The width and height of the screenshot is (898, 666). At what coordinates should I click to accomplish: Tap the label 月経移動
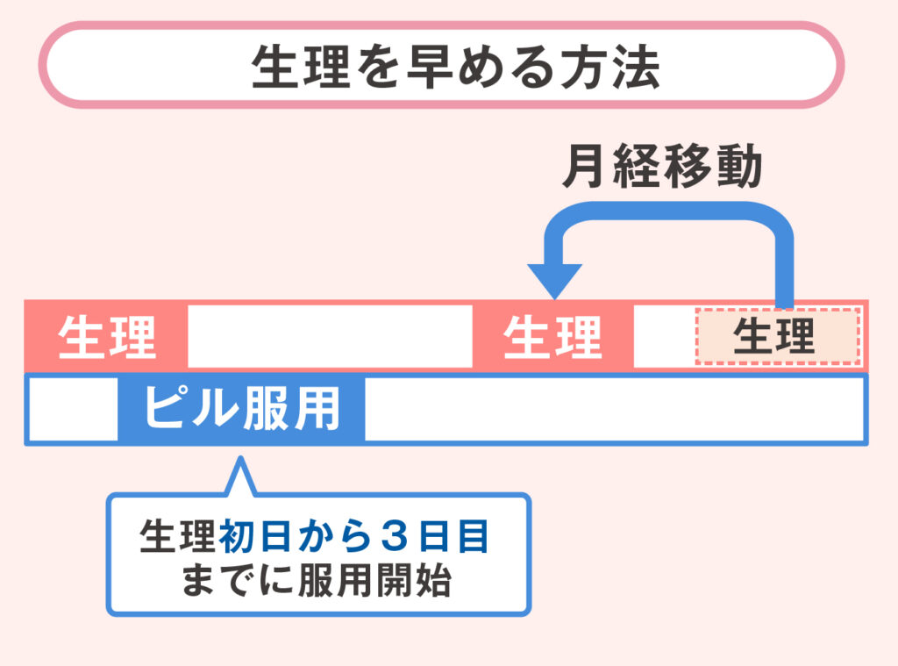(x=661, y=167)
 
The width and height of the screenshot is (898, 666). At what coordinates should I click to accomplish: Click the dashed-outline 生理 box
(x=774, y=335)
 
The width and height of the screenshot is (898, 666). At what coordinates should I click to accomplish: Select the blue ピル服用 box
(x=241, y=408)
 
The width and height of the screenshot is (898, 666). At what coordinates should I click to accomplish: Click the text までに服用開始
(x=317, y=580)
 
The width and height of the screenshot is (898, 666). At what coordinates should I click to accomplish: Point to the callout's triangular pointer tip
(x=239, y=459)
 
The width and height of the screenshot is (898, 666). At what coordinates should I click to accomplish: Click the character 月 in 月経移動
(x=586, y=167)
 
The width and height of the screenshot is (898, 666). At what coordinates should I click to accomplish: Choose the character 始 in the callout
(x=435, y=580)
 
